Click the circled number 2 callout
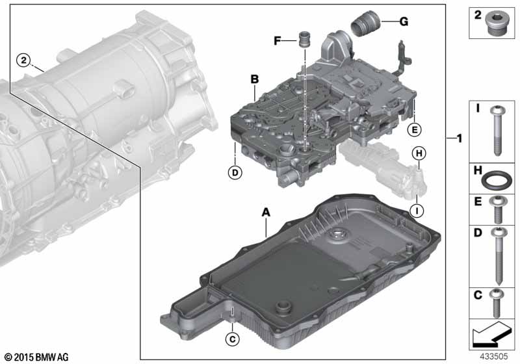tap(23, 60)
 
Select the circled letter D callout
tap(235, 172)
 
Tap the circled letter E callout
tap(415, 129)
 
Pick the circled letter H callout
tap(419, 153)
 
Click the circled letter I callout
tap(417, 211)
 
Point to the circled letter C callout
tap(232, 339)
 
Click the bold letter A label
tap(266, 212)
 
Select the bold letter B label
tap(254, 79)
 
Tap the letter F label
tap(278, 41)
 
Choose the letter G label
tap(404, 22)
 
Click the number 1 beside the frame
tap(460, 138)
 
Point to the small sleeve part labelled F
tap(304, 40)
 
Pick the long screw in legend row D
tap(499, 256)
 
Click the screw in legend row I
tap(497, 130)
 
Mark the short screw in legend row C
tap(497, 303)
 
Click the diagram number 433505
tap(494, 356)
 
